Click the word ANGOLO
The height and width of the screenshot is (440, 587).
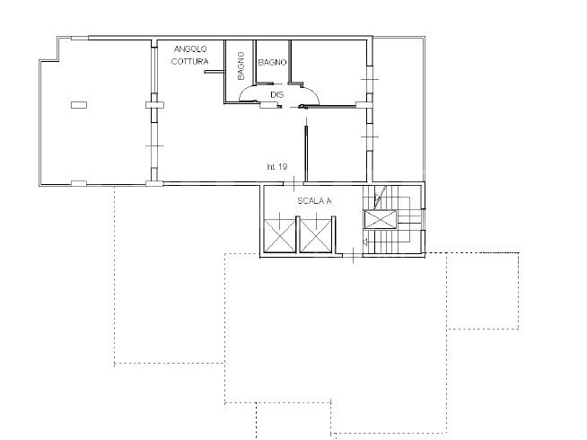click(190, 49)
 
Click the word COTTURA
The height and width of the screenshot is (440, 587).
click(189, 61)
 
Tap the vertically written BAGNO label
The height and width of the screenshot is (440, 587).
click(241, 66)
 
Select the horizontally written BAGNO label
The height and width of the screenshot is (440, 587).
click(272, 63)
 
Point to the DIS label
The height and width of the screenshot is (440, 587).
click(277, 95)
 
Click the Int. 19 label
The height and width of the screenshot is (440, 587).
click(277, 167)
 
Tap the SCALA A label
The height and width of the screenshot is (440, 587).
click(314, 201)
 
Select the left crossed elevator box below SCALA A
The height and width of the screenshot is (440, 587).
click(279, 236)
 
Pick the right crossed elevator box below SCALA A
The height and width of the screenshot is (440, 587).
click(316, 236)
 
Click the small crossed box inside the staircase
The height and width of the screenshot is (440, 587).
click(380, 219)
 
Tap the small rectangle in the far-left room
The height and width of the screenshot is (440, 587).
click(79, 105)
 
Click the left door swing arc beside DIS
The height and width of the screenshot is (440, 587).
click(246, 91)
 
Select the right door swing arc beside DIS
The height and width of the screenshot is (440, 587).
click(311, 92)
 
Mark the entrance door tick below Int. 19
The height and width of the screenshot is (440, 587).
click(293, 184)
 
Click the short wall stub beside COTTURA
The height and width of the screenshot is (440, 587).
click(214, 72)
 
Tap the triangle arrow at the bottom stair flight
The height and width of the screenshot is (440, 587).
click(365, 242)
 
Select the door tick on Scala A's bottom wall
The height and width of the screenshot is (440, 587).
click(354, 255)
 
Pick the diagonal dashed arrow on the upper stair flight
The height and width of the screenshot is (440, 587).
click(381, 197)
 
